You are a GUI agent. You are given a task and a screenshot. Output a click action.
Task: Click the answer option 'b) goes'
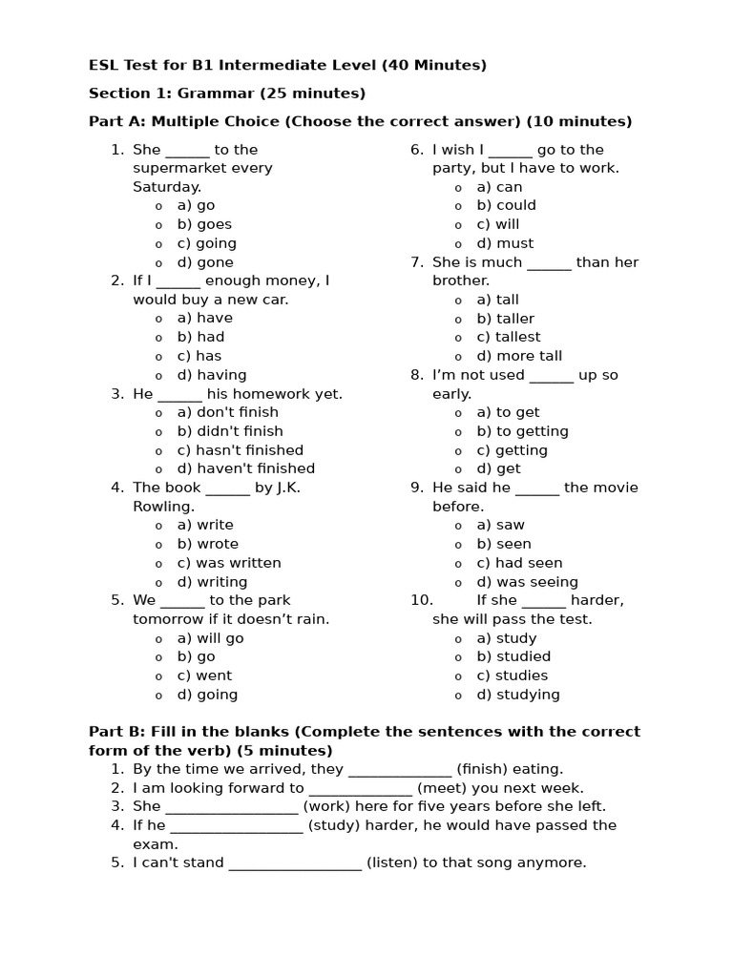tap(204, 224)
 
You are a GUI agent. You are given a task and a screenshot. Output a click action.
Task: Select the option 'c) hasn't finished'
tap(240, 450)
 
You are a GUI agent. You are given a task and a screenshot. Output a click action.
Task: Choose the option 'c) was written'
tap(229, 563)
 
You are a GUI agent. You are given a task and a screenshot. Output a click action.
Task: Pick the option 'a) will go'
tap(210, 638)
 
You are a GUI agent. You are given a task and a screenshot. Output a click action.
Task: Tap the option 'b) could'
tap(506, 205)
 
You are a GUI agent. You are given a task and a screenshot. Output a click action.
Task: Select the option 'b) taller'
tap(505, 319)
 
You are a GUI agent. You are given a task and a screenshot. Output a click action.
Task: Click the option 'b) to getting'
tap(522, 431)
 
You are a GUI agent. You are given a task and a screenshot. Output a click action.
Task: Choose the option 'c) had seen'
tap(519, 563)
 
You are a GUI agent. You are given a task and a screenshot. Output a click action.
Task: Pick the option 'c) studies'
tap(512, 676)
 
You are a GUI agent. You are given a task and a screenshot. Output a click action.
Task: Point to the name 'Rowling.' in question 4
tap(163, 507)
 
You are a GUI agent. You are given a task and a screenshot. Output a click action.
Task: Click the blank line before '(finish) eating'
tap(400, 770)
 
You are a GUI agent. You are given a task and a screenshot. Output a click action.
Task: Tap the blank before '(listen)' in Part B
tap(295, 863)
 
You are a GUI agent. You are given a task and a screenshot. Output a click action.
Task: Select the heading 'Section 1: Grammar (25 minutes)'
tap(227, 94)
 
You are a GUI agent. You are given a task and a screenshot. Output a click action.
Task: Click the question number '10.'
tap(422, 600)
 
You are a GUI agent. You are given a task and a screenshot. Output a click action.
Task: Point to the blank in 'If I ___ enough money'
tap(178, 281)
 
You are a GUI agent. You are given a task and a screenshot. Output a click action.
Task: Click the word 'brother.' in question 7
tap(461, 281)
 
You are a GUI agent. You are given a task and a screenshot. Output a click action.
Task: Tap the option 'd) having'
tap(211, 375)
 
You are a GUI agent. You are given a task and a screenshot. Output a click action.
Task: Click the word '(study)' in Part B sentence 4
tap(334, 825)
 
